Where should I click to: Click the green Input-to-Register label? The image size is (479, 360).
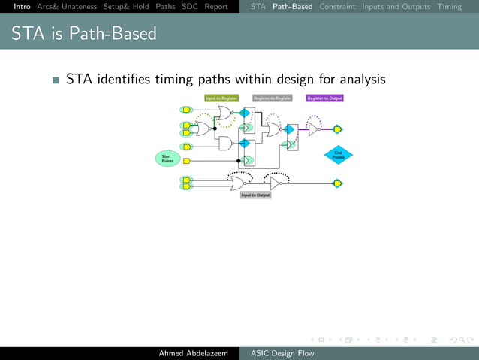[221, 98]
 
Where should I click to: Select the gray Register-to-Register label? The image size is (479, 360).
[273, 98]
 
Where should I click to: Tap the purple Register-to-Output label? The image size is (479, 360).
[325, 98]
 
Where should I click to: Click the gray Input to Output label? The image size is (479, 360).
[255, 195]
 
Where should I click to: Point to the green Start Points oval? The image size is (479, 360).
[167, 158]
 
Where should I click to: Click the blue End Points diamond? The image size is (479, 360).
[338, 156]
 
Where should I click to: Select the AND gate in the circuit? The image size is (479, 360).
[224, 143]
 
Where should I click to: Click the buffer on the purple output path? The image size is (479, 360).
[314, 129]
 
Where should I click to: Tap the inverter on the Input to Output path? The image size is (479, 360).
[276, 183]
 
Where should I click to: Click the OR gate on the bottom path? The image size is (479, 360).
[237, 183]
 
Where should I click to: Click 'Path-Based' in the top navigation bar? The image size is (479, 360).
[293, 7]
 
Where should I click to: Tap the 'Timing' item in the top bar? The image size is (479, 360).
[450, 7]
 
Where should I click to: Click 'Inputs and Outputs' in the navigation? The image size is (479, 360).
[396, 7]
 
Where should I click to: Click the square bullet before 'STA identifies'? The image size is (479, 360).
[56, 80]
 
